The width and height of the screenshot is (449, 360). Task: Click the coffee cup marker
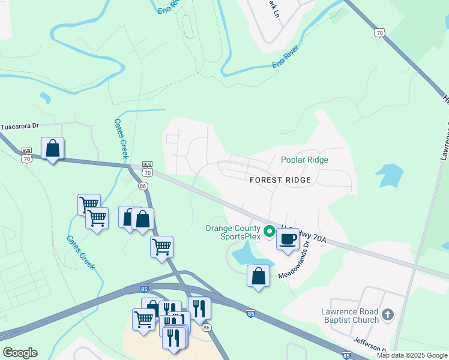click(288, 239)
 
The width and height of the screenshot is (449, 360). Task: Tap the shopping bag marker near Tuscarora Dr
click(53, 148)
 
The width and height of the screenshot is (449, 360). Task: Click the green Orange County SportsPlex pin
click(270, 230)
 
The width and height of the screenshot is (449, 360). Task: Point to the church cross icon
click(388, 314)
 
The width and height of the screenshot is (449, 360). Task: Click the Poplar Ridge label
click(304, 160)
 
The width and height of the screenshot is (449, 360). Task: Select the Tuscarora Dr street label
click(19, 126)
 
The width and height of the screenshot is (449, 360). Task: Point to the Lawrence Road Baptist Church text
click(349, 316)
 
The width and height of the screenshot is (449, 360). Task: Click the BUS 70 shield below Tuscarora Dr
click(26, 156)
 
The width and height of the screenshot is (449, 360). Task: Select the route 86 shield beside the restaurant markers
click(206, 328)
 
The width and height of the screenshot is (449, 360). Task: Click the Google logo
click(20, 352)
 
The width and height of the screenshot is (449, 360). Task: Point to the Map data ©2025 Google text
click(412, 355)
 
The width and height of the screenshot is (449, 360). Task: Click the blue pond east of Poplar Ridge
click(390, 176)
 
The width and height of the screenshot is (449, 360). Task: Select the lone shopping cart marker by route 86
click(161, 247)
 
